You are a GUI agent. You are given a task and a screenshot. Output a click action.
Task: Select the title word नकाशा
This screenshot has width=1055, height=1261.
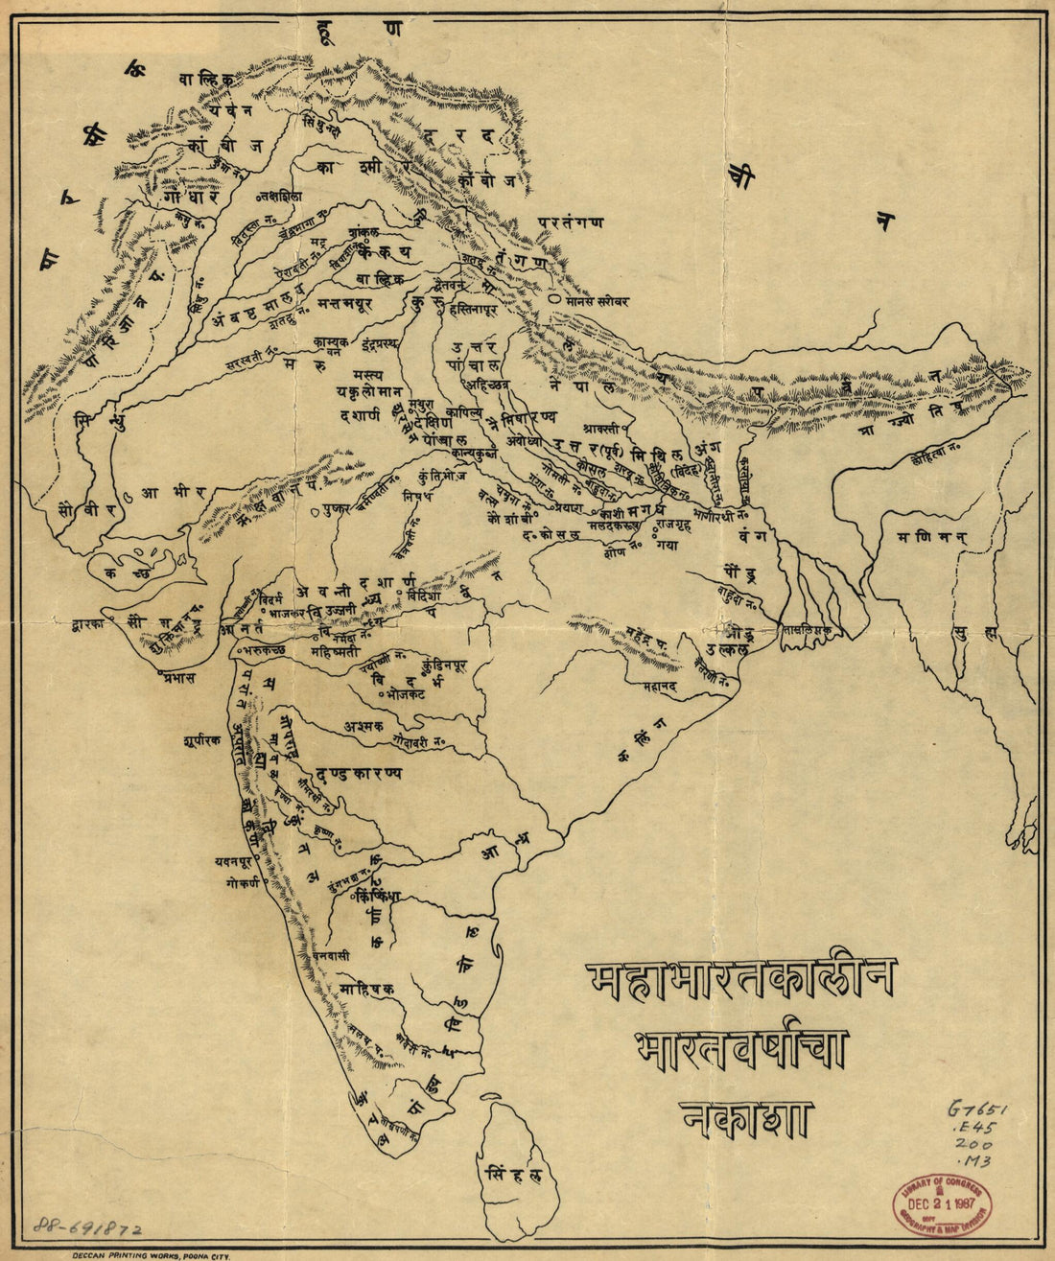746,1118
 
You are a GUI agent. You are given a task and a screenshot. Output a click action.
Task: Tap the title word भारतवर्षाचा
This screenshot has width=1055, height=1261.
740,1048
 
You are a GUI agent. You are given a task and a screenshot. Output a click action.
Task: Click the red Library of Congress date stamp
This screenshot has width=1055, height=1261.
942,1203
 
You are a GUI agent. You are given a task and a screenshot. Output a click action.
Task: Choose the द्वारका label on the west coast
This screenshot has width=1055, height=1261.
86,623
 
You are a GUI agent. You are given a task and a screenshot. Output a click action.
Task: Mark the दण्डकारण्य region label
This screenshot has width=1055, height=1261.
358,773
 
